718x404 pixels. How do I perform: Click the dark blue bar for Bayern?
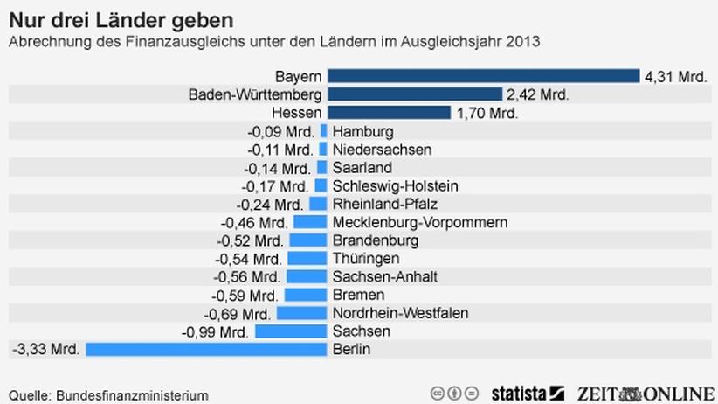pos(483,76)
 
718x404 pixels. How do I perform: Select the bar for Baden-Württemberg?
pos(414,94)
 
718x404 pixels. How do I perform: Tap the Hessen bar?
pos(389,113)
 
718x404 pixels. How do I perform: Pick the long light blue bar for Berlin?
pos(206,349)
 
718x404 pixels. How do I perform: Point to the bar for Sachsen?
pos(291,331)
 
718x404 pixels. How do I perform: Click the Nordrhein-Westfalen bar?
pos(301,313)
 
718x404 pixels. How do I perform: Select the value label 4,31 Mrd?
pos(675,77)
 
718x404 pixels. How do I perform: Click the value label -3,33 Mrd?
pos(46,350)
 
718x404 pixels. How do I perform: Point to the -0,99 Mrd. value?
pos(216,331)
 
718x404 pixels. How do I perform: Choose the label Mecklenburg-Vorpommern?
pos(419,222)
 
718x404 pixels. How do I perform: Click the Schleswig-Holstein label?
pos(395,185)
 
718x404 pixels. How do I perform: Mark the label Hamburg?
pos(363,131)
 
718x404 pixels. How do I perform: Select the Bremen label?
pos(358,295)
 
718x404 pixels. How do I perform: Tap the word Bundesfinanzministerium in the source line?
pos(133,395)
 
